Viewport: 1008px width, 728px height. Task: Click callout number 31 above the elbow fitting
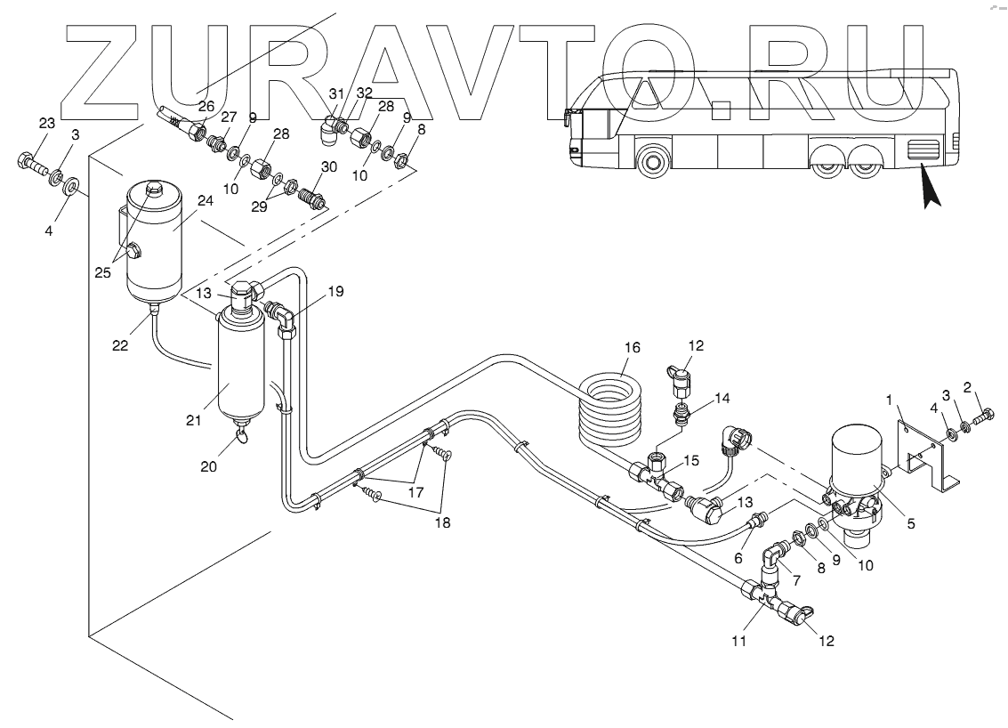(335, 93)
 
